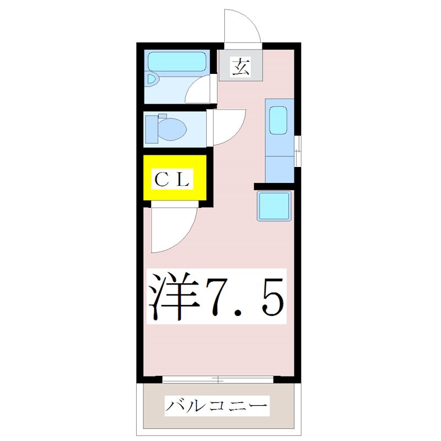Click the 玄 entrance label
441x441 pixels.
click(240, 67)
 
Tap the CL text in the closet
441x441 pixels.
click(172, 178)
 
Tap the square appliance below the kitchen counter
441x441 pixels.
click(274, 206)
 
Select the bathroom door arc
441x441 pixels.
click(199, 90)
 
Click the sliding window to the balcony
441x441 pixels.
click(219, 379)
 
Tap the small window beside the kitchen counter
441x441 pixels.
click(297, 150)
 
